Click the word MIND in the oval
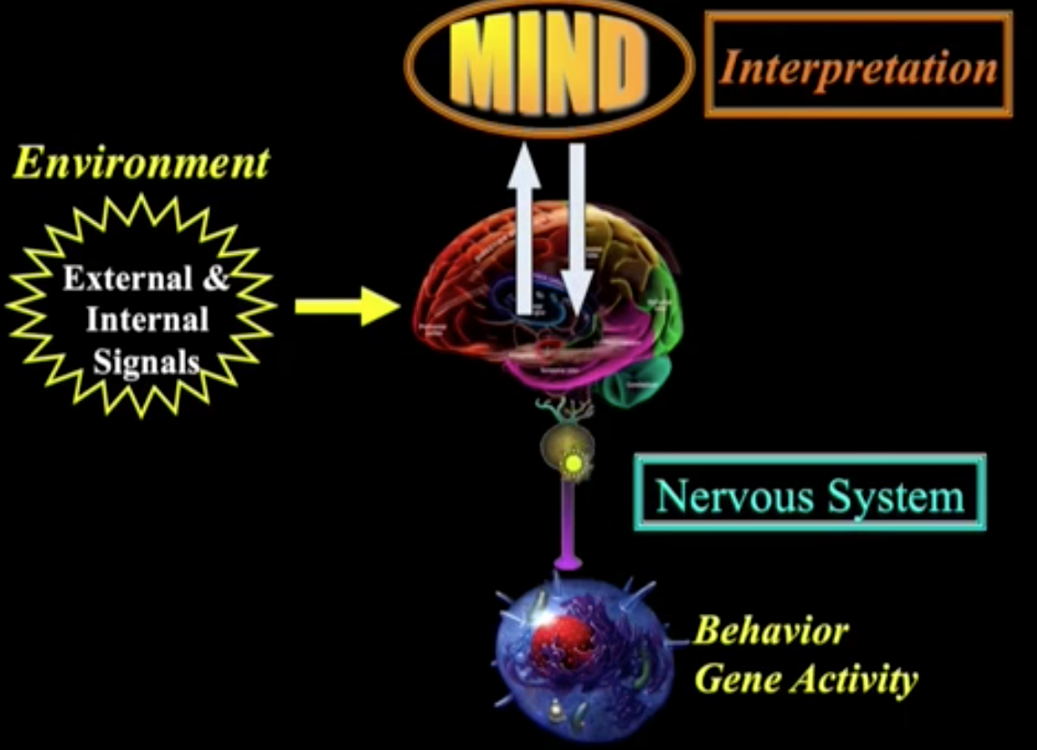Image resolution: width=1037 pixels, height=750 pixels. coord(549,66)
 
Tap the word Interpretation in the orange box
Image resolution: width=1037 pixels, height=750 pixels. coord(858,67)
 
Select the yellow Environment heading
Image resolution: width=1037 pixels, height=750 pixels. coord(141,164)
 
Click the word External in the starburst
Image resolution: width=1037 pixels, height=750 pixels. coord(127,278)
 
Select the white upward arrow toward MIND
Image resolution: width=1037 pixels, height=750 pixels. coord(524,227)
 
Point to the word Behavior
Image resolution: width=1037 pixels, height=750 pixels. coord(770,630)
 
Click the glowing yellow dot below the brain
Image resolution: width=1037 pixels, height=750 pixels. coord(572,465)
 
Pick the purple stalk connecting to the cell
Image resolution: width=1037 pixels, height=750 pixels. coord(567,526)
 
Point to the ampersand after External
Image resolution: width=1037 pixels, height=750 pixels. coord(216,278)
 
